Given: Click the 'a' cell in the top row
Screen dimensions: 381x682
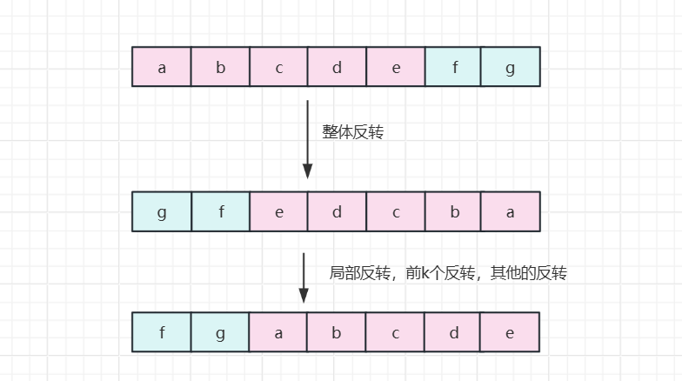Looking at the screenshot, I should (162, 67).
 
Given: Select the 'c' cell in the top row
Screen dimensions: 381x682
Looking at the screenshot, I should (278, 67).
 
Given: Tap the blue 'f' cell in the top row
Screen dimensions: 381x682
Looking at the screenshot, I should (454, 67).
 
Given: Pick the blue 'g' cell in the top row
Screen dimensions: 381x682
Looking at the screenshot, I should (511, 67).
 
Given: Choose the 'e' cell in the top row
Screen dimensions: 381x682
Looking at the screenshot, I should (396, 67).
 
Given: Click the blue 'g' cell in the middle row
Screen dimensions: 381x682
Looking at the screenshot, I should (162, 211).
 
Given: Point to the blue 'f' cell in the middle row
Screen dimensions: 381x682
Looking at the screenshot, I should (220, 211).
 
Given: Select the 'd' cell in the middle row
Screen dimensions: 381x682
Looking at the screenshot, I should (337, 211).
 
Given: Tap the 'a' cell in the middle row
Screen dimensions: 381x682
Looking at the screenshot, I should (511, 211).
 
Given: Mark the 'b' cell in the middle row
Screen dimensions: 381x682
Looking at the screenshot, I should (454, 211).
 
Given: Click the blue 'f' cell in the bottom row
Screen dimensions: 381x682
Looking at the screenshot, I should (162, 331).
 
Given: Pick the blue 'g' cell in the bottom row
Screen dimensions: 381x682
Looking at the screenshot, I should (220, 331).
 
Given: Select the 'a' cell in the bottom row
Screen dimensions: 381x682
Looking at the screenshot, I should (278, 331).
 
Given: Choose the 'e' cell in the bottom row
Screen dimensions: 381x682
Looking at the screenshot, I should (511, 331).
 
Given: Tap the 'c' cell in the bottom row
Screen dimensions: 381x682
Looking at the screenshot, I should (396, 331).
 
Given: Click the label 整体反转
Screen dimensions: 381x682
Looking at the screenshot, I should (353, 132).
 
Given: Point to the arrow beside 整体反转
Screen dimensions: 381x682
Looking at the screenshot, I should (307, 139).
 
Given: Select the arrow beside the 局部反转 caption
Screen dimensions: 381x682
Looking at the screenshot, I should (304, 277).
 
